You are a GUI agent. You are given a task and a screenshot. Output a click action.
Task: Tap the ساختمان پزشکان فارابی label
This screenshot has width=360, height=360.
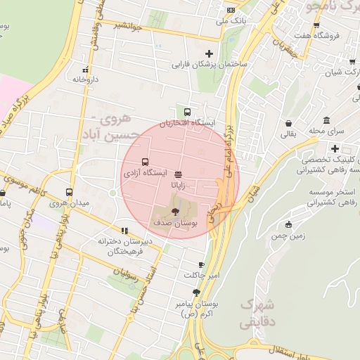point(209,64)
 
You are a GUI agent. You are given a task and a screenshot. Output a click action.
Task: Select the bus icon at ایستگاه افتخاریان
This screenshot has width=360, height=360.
point(187,112)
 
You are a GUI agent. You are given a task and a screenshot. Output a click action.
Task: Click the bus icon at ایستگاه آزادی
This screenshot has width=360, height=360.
point(145,162)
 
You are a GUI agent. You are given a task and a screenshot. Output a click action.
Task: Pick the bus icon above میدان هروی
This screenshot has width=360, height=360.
point(69,192)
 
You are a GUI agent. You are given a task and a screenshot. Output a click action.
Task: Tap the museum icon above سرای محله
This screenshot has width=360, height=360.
point(326,120)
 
